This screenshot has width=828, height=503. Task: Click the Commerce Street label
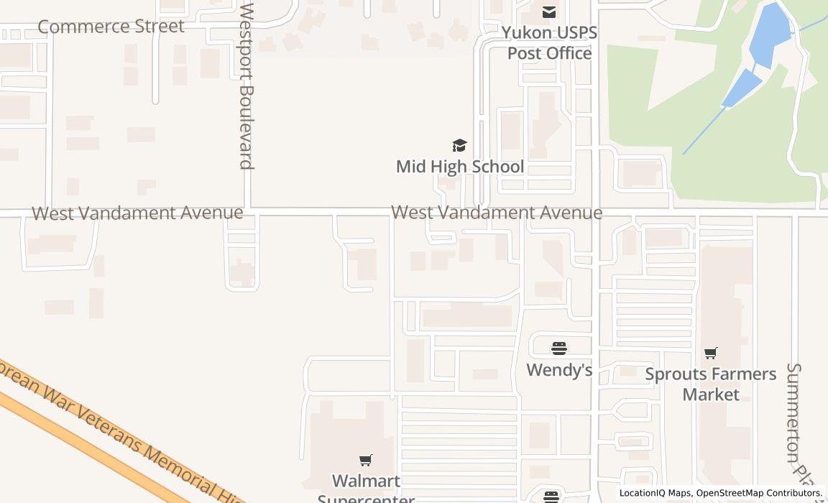(x=111, y=27)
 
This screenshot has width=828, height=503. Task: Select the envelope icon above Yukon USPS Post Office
(x=549, y=11)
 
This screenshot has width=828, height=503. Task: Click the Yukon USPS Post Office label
(x=549, y=43)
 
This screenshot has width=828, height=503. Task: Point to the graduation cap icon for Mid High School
(x=459, y=146)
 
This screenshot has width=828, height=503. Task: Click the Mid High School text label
(x=459, y=167)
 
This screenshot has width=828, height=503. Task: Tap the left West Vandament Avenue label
(x=137, y=213)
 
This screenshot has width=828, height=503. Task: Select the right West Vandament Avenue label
(x=497, y=213)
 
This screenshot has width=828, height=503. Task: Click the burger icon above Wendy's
(x=559, y=349)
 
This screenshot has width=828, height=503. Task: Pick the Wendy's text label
(x=559, y=370)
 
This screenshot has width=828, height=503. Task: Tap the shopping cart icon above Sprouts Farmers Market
(x=711, y=353)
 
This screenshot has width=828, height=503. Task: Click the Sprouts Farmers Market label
(x=711, y=384)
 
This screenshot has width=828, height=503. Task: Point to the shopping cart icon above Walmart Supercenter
(x=366, y=460)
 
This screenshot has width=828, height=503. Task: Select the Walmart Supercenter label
(x=366, y=489)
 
